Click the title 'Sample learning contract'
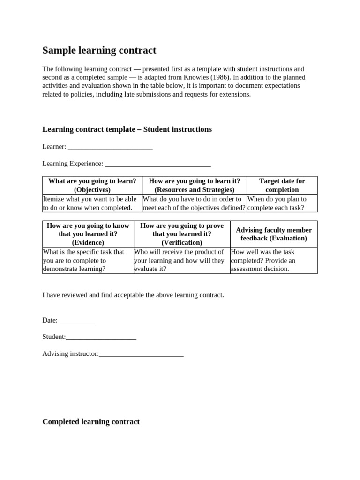[99, 51]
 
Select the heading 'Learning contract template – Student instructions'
[127, 129]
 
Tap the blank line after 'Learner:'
[110, 147]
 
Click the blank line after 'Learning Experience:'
[158, 164]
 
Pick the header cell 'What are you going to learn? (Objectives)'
[92, 185]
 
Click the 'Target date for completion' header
[282, 185]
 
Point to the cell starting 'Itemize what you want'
[92, 203]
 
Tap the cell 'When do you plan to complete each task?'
[282, 203]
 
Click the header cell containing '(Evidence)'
[88, 234]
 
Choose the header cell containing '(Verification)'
[182, 234]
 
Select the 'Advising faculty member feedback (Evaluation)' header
[274, 234]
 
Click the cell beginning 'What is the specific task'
[88, 260]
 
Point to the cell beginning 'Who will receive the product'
[182, 260]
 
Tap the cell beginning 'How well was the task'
[274, 260]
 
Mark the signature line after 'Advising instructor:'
[141, 354]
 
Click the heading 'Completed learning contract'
[91, 422]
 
